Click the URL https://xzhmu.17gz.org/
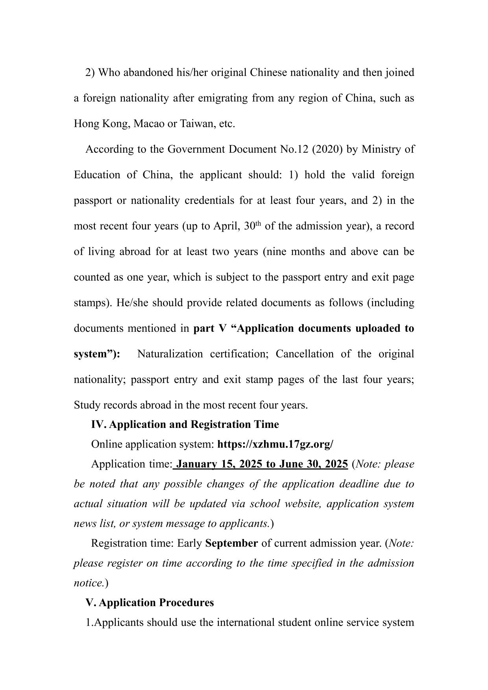pos(275,444)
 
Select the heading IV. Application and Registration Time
pos(185,425)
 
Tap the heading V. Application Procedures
pos(150,603)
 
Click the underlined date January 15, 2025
pos(220,464)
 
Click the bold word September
pos(231,544)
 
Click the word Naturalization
pos(170,354)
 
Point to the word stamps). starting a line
pos(93,303)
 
